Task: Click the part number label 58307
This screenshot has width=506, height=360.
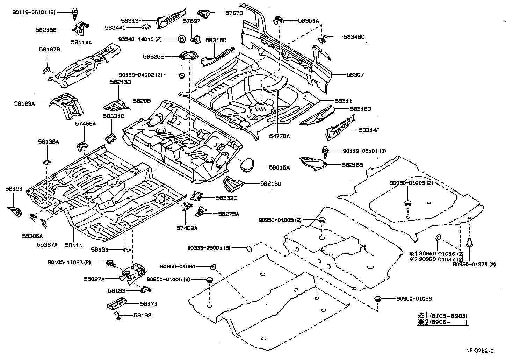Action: pyautogui.click(x=355, y=75)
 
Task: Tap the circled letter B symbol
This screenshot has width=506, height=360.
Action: pyautogui.click(x=181, y=39)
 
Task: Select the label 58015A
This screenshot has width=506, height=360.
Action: pyautogui.click(x=279, y=168)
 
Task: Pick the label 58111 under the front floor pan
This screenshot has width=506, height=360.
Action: pyautogui.click(x=73, y=245)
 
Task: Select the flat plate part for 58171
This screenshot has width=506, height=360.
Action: pyautogui.click(x=117, y=303)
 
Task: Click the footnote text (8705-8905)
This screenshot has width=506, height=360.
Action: pyautogui.click(x=448, y=315)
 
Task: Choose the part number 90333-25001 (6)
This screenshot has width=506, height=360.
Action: pyautogui.click(x=208, y=247)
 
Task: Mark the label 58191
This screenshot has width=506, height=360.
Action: pyautogui.click(x=14, y=189)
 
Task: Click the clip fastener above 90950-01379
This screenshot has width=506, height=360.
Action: pyautogui.click(x=470, y=243)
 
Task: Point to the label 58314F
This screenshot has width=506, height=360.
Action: pyautogui.click(x=369, y=130)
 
